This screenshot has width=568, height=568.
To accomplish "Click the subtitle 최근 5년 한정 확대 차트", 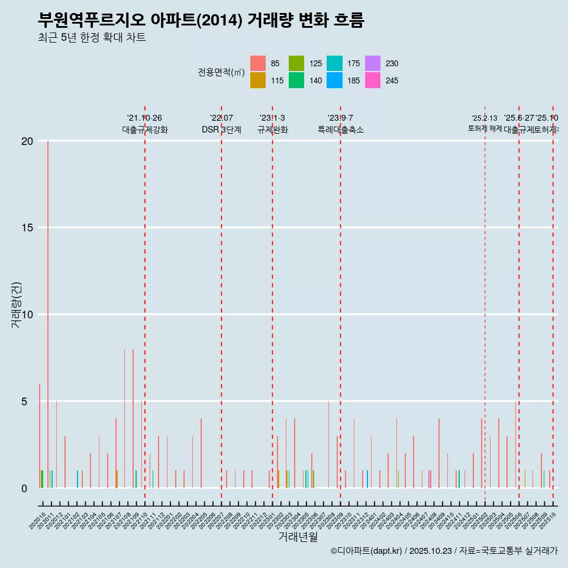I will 92,38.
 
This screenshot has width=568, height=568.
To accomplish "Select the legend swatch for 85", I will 257,63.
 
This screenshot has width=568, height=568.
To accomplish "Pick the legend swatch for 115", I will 257,80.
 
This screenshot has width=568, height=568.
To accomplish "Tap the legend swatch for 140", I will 296,80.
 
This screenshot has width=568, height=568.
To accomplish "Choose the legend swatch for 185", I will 334,80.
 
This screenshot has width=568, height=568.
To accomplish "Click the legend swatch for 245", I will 373,80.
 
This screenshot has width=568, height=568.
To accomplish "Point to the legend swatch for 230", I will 373,63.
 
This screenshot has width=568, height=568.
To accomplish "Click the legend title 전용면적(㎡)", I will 221,72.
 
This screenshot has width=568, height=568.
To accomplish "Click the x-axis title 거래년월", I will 298,537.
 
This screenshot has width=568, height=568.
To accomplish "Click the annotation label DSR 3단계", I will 221,130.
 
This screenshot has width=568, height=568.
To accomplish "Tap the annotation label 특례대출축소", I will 340,130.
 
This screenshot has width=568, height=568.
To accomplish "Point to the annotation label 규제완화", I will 272,130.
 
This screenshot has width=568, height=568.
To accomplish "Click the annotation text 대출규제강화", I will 145,130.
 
